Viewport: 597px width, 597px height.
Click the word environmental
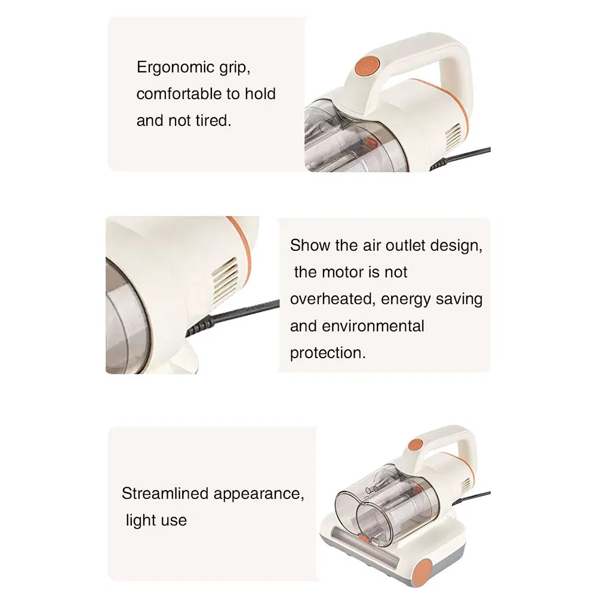pos(373,326)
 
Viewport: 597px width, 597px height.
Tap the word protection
pos(327,353)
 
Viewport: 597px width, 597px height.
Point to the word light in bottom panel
pos(141,520)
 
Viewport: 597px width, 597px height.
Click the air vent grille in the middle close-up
pos(225,279)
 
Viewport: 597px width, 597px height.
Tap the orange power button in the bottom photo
pos(416,445)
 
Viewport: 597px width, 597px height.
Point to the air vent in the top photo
pos(453,136)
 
